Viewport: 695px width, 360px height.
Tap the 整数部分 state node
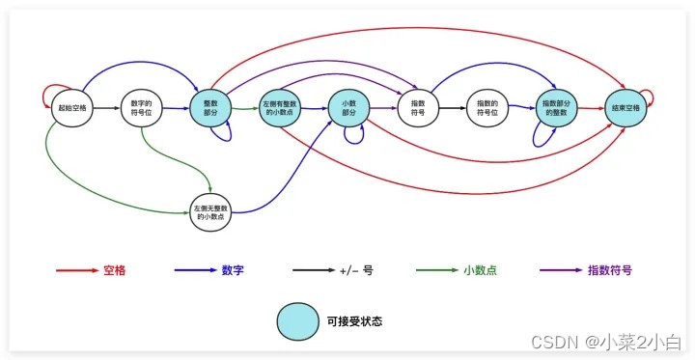[x=210, y=107]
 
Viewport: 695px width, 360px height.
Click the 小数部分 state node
[x=349, y=107]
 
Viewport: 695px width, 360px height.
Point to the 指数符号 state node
[x=418, y=107]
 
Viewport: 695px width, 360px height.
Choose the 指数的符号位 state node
[x=487, y=107]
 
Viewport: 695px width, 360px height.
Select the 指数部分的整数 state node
[x=557, y=107]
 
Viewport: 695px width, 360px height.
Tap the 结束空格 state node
[x=625, y=107]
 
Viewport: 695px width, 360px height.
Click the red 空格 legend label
[x=114, y=271]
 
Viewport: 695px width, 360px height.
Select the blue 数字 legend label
[x=233, y=271]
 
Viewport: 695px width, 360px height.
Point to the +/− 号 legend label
[x=356, y=271]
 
